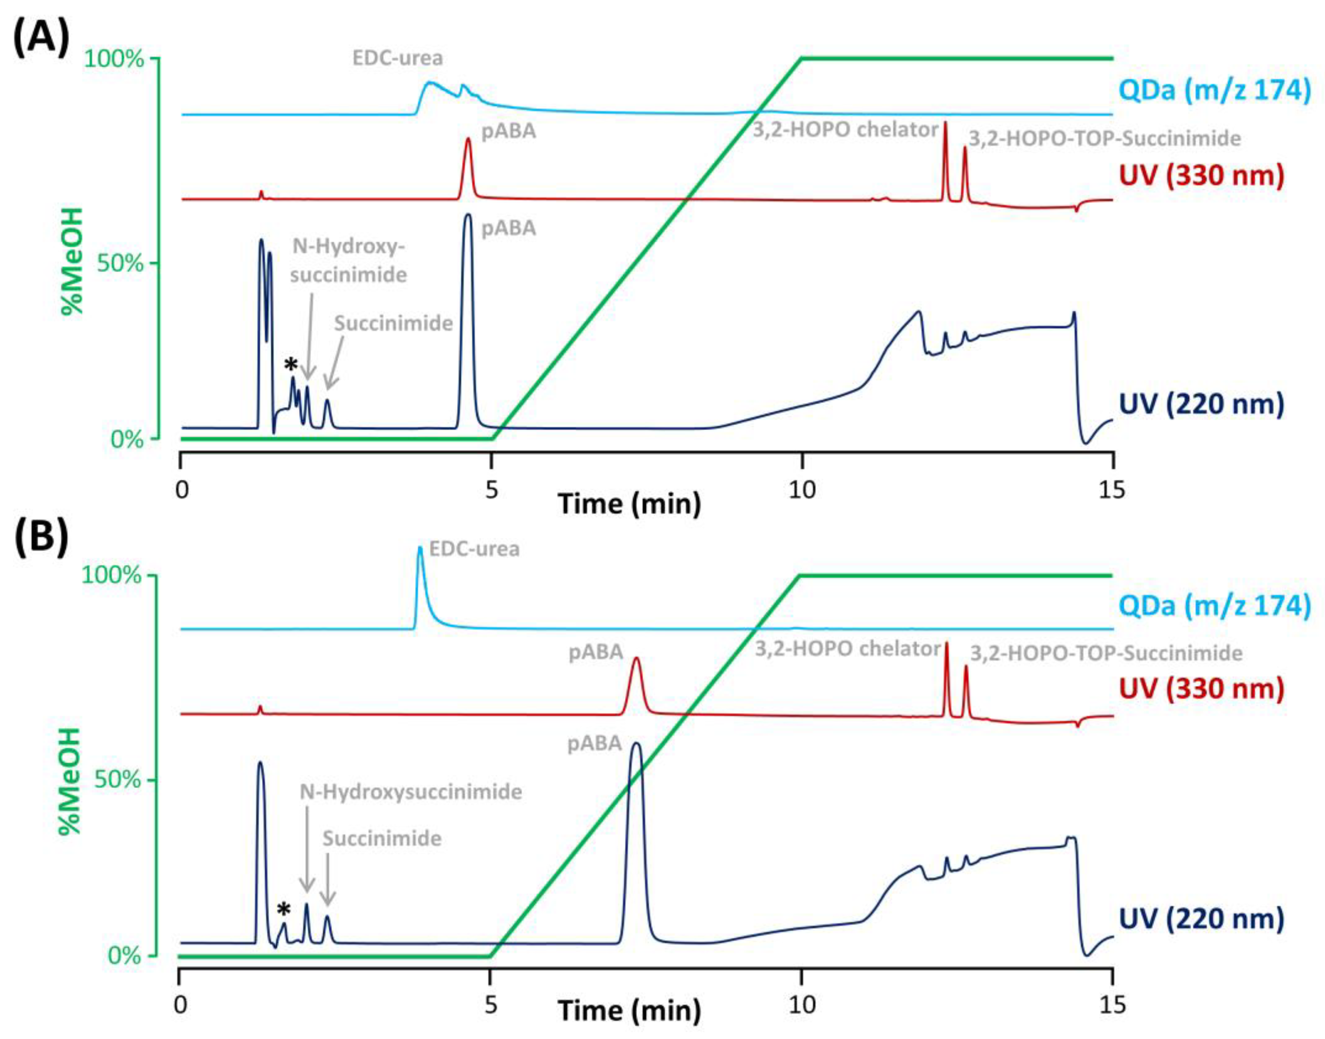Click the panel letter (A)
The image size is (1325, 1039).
point(40,38)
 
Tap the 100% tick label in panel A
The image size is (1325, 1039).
point(114,59)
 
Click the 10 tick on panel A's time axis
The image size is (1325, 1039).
point(802,490)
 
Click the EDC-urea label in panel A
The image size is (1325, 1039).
point(397,58)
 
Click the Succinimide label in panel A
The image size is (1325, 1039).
point(393,323)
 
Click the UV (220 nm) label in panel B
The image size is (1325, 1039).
point(1201,919)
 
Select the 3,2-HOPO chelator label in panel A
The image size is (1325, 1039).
point(845,130)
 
